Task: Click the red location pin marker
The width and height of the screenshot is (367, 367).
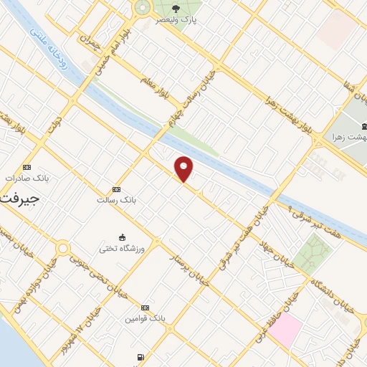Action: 184,169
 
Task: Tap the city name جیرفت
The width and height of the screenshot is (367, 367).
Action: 17,196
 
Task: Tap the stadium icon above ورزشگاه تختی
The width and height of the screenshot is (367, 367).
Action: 123,237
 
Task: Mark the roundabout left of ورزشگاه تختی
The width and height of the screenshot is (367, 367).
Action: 64,249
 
